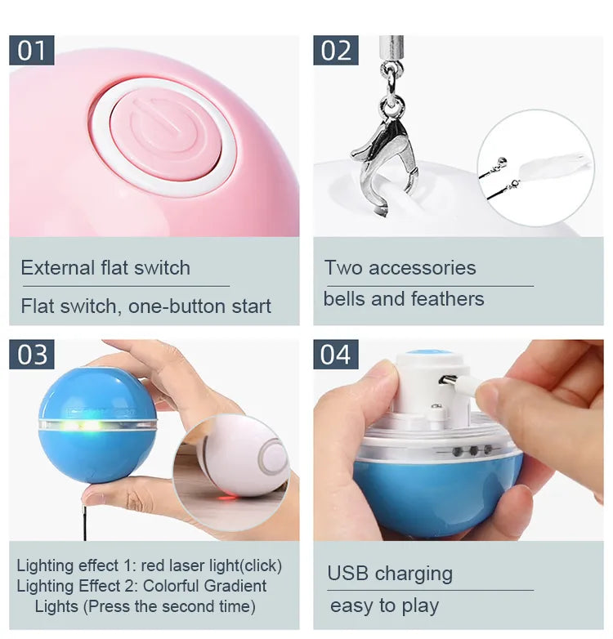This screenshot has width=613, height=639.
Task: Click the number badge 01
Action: (31, 50)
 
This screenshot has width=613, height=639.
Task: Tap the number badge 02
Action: (336, 50)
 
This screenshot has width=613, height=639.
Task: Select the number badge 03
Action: (32, 355)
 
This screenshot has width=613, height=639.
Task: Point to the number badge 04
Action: (336, 355)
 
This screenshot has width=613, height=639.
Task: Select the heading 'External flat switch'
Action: (105, 268)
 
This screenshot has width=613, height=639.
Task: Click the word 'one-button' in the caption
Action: (168, 307)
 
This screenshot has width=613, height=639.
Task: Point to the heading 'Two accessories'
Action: (400, 268)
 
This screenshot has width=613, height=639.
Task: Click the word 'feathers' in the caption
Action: (449, 299)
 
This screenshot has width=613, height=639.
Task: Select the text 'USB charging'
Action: (390, 573)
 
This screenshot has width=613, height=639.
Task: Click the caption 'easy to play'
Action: (384, 605)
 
